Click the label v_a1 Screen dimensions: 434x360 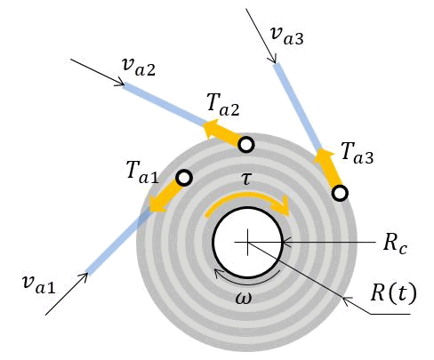tap(38, 284)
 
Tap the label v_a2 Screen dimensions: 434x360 tap(139, 67)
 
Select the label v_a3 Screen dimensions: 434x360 tap(287, 36)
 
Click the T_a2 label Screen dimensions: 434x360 tap(223, 105)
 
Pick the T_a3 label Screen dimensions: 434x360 tap(357, 153)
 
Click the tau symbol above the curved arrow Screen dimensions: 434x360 tap(246, 179)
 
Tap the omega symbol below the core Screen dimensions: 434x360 tap(244, 298)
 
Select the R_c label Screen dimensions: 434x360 tap(395, 244)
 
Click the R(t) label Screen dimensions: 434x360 tap(394, 293)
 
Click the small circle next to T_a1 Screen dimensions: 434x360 tap(184, 178)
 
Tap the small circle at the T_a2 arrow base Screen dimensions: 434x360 tap(246, 145)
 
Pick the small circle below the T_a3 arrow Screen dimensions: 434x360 tap(340, 193)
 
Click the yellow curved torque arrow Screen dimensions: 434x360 tap(247, 196)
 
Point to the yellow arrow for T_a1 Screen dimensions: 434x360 tap(164, 197)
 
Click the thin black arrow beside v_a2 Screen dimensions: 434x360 tap(98, 73)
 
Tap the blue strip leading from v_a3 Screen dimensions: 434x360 tap(297, 107)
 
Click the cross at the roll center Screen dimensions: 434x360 tap(247, 243)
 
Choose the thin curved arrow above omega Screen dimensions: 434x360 tap(246, 281)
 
